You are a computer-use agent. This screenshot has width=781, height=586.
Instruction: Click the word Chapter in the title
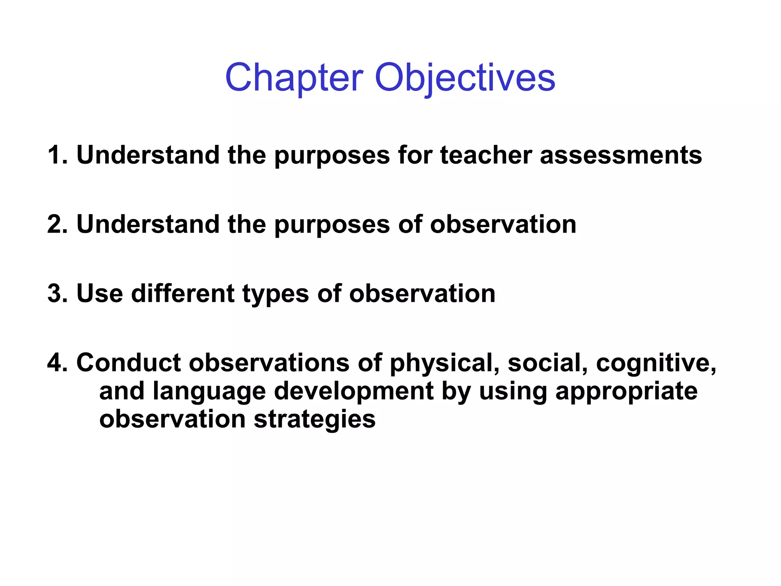(294, 78)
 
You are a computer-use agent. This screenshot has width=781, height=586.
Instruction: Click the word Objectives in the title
(465, 78)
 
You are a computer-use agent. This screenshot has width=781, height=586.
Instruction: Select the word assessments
(620, 155)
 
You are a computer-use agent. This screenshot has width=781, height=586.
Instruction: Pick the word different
(183, 293)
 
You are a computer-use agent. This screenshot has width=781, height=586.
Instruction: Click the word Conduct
(129, 362)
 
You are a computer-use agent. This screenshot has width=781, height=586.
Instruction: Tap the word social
(548, 362)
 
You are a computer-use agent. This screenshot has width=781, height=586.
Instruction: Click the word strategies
(315, 420)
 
